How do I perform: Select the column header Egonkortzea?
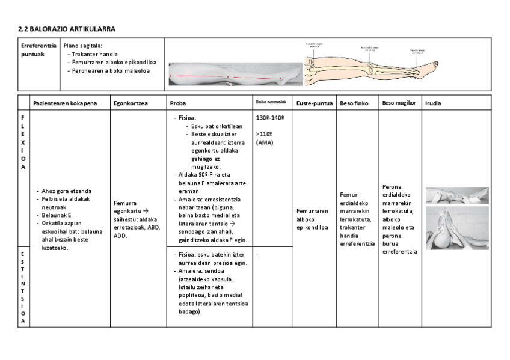(131, 103)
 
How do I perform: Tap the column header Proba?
(177, 103)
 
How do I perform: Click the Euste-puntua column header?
(315, 103)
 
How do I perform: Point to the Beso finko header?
(354, 103)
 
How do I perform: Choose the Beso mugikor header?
(399, 103)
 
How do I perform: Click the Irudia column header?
(433, 103)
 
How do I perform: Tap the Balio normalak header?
(270, 102)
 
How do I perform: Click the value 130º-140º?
(269, 117)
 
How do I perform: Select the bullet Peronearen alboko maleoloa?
(111, 70)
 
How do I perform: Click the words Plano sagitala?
(83, 45)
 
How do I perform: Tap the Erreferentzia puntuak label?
(38, 49)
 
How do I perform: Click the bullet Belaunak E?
(57, 214)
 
